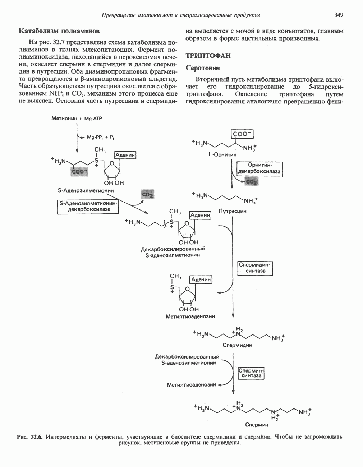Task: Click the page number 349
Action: pos(339,15)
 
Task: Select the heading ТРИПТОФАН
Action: pos(208,56)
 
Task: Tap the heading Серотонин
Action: pos(202,68)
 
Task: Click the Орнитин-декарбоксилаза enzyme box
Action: pos(259,169)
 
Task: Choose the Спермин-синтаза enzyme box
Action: pos(251,373)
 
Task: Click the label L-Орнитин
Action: pos(223,154)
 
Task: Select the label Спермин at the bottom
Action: pos(257,425)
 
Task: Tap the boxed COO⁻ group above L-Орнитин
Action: pos(243,134)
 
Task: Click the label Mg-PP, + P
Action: pos(100,137)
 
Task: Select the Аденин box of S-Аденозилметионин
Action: pos(125,155)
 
